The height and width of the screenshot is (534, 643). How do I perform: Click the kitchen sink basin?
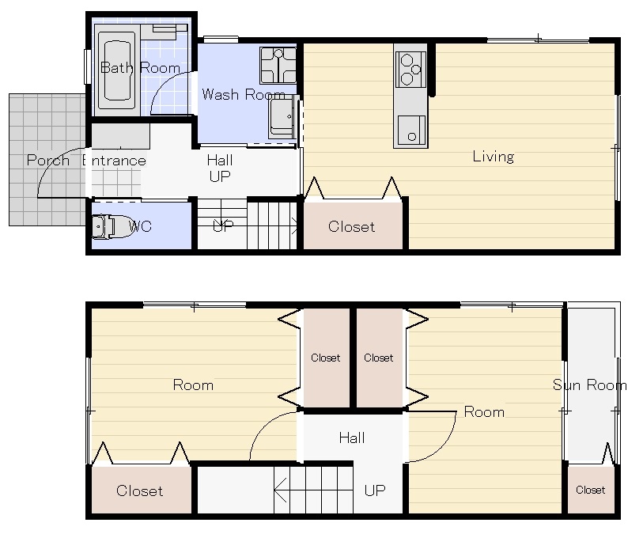pos(411,130)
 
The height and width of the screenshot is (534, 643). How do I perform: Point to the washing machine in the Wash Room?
pos(278,66)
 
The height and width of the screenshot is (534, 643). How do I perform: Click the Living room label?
pos(494,157)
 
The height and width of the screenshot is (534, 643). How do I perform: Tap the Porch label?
pos(48,160)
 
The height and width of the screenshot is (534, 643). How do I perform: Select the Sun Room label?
pos(590,384)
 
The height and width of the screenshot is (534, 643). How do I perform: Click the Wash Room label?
pos(244,95)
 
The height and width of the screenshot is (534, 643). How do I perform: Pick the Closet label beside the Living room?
pos(351,226)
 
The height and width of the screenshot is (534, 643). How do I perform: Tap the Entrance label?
pos(114,161)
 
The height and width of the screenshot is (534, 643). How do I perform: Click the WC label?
pos(140,226)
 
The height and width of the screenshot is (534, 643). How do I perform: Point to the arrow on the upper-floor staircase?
pos(314,490)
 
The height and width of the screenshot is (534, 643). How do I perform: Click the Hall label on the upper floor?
pos(352,438)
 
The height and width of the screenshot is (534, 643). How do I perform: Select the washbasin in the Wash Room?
pos(283,117)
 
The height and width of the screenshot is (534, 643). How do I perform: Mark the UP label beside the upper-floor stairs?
pos(375,490)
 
